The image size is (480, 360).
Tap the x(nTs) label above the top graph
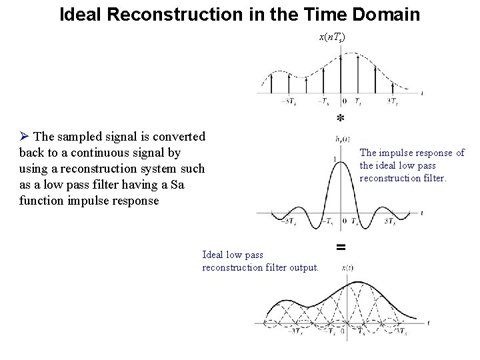click(x=332, y=35)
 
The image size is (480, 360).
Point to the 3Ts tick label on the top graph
click(x=393, y=101)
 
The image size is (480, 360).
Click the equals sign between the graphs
click(x=341, y=247)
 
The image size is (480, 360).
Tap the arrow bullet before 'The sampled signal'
click(x=25, y=137)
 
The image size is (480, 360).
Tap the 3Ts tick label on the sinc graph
click(x=393, y=222)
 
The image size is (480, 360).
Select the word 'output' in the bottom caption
click(x=304, y=267)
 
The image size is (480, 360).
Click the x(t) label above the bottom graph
click(x=347, y=267)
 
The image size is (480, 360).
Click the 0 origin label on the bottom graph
click(x=341, y=331)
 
